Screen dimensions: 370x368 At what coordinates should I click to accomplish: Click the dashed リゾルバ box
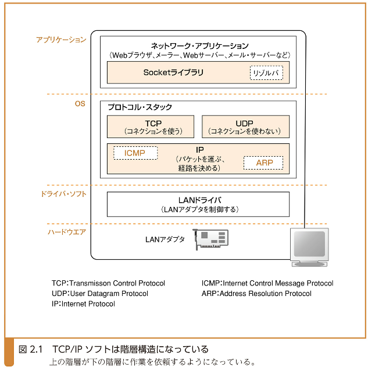pyautogui.click(x=266, y=73)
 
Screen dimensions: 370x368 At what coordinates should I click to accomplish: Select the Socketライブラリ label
pyautogui.click(x=173, y=73)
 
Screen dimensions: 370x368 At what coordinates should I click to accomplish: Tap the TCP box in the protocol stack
pyautogui.click(x=153, y=127)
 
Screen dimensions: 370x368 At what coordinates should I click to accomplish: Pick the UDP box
pyautogui.click(x=245, y=127)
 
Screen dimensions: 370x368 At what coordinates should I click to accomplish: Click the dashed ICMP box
pyautogui.click(x=135, y=153)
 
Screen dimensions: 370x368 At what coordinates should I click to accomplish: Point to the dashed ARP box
pyautogui.click(x=263, y=163)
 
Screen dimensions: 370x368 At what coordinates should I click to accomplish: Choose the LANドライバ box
pyautogui.click(x=198, y=204)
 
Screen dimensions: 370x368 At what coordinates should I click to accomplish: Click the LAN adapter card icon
pyautogui.click(x=211, y=239)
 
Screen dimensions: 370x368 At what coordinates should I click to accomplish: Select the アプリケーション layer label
pyautogui.click(x=61, y=40)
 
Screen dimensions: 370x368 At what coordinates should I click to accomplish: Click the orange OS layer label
pyautogui.click(x=80, y=104)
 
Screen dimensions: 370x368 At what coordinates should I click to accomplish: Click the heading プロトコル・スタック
pyautogui.click(x=140, y=108)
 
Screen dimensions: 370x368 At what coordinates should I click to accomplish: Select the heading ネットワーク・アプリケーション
pyautogui.click(x=199, y=45)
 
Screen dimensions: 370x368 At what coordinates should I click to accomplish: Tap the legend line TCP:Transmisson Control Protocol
pyautogui.click(x=108, y=283)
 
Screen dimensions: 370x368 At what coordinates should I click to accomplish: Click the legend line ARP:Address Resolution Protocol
pyautogui.click(x=256, y=294)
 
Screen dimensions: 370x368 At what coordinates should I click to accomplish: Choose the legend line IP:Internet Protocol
pyautogui.click(x=83, y=304)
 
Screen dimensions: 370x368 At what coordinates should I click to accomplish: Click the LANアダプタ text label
pyautogui.click(x=165, y=239)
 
